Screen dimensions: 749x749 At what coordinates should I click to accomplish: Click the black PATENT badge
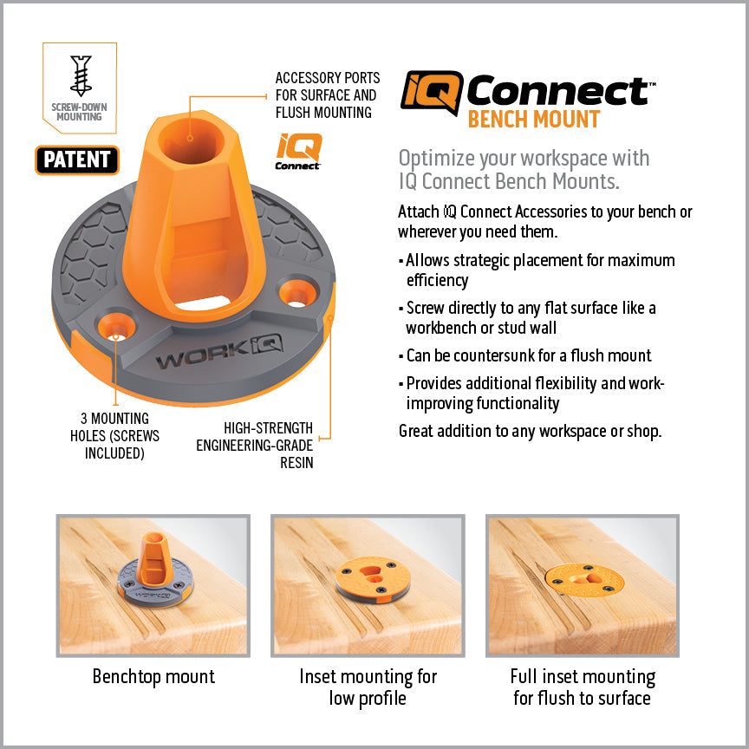tap(77, 160)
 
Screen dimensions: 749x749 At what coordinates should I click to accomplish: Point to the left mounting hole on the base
tap(114, 325)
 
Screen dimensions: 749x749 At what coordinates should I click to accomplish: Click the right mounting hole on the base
tap(297, 292)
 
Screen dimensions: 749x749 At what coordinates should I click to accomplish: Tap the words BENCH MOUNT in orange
tap(533, 120)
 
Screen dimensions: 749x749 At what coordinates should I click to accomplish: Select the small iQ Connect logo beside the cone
tap(299, 150)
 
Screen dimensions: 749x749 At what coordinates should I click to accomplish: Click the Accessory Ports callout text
tap(326, 95)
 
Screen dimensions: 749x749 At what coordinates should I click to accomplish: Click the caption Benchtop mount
tap(153, 677)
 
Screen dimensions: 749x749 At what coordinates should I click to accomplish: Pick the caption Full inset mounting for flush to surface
tap(582, 687)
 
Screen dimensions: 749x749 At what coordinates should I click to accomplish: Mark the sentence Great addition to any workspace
tap(530, 431)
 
